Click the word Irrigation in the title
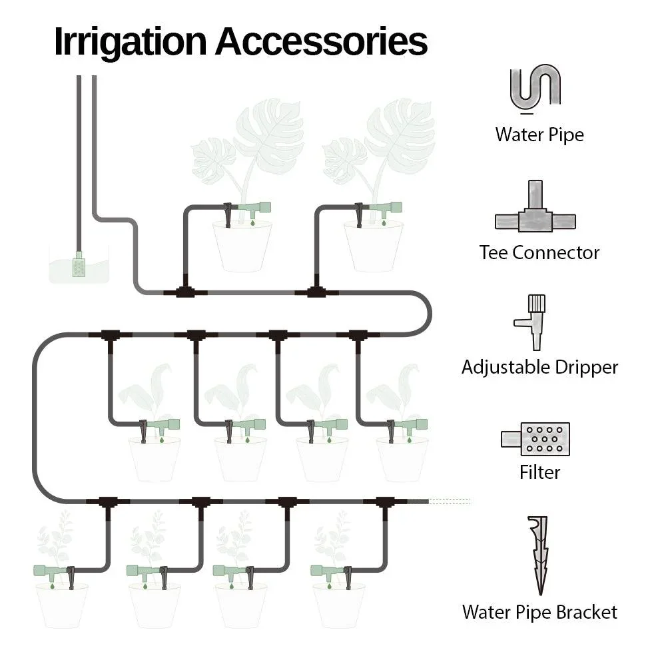click(x=130, y=41)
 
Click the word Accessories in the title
click(x=320, y=41)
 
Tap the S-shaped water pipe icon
click(x=535, y=87)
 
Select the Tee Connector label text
click(x=539, y=252)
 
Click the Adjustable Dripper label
click(x=539, y=367)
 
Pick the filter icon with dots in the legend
click(x=536, y=439)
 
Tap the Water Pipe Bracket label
click(x=539, y=611)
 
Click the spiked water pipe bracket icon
click(x=540, y=555)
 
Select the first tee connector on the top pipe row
click(x=185, y=292)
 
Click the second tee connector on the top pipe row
click(x=316, y=292)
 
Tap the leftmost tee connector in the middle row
click(x=109, y=335)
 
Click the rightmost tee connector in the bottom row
click(x=385, y=501)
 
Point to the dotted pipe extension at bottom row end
click(x=450, y=501)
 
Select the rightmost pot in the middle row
click(x=402, y=460)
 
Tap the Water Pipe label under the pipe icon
click(x=539, y=135)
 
